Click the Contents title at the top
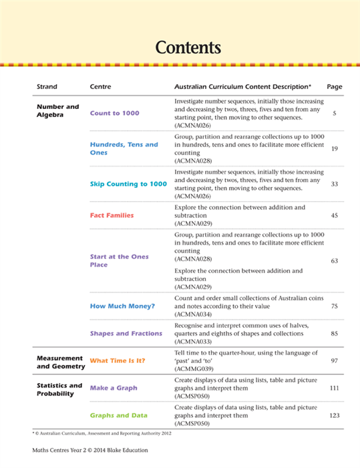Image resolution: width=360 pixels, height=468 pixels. [x=187, y=47]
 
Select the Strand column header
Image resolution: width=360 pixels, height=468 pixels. [x=47, y=87]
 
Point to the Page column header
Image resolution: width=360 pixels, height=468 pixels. [x=335, y=87]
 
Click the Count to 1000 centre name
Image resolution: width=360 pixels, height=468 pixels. [x=114, y=113]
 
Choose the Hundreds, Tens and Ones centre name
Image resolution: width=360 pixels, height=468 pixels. [x=124, y=148]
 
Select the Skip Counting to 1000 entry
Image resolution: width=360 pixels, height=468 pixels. [x=128, y=184]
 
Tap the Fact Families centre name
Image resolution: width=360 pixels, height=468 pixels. [x=112, y=215]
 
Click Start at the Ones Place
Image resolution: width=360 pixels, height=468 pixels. [x=119, y=261]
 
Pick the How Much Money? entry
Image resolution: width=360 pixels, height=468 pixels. [x=122, y=306]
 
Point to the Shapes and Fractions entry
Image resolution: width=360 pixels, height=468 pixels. [x=126, y=333]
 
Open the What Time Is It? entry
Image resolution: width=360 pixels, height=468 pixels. [x=118, y=360]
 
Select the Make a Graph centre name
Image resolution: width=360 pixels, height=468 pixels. [x=114, y=388]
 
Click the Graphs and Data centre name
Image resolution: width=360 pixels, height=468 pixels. [x=120, y=415]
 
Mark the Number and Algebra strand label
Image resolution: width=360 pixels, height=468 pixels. [x=57, y=110]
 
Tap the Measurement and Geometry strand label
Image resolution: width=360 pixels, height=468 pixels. [x=60, y=362]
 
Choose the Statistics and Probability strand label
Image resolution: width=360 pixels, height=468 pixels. [x=59, y=389]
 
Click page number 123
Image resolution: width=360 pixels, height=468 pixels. [x=335, y=415]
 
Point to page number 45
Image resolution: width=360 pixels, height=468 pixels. [x=335, y=215]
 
